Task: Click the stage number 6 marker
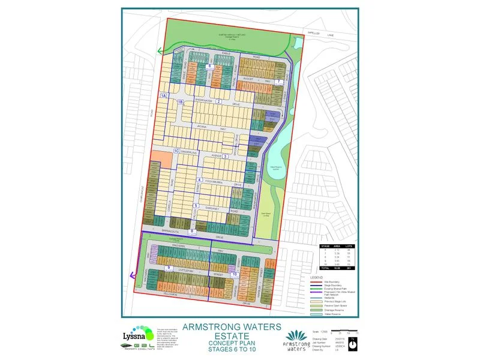209,66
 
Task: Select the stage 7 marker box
279,82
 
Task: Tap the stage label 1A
163,95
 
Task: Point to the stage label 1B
179,102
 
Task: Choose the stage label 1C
176,151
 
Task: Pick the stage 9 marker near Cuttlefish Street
169,268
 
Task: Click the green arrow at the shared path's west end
160,52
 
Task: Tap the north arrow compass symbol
353,341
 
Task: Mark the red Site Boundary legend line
316,279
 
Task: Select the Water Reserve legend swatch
316,314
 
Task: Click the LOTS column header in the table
350,246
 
